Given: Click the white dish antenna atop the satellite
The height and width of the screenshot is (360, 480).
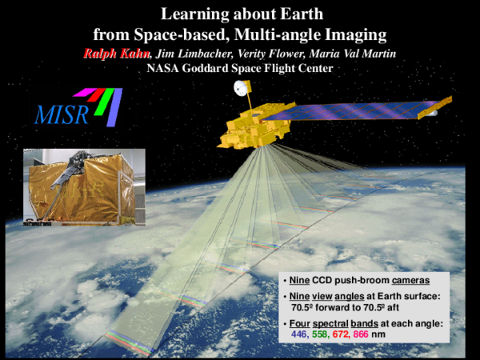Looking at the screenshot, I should click(x=239, y=88).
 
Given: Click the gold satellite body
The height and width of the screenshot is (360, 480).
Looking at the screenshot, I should click(x=256, y=128).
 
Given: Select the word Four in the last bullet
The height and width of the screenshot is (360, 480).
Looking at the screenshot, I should click(x=301, y=323).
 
